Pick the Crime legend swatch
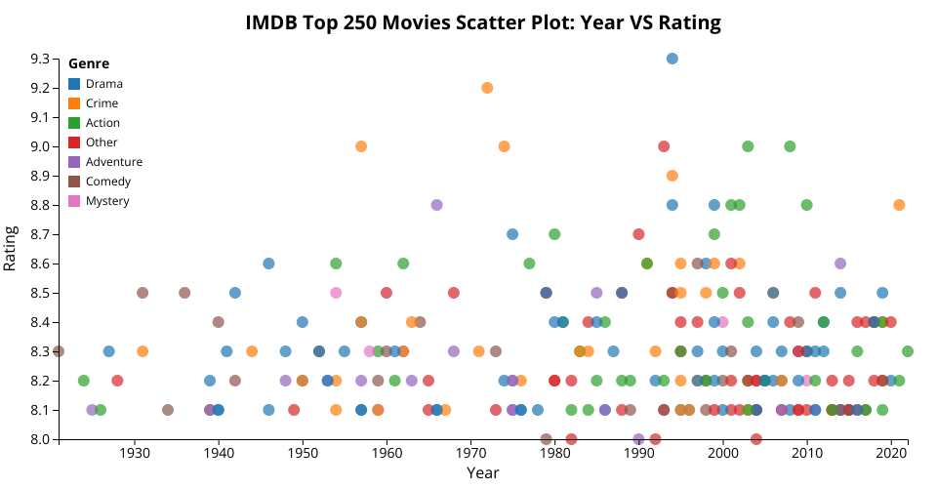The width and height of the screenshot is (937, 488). pos(74,103)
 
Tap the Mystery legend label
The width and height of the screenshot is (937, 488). pos(107,201)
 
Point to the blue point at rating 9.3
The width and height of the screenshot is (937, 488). pos(672,59)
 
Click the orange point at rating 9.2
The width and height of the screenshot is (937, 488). pos(487,88)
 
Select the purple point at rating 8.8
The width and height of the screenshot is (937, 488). pos(436,205)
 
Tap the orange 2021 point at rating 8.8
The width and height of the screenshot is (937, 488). pos(899,205)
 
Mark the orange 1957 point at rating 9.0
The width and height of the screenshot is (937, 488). pos(361,146)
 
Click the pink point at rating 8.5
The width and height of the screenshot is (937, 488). pos(336,293)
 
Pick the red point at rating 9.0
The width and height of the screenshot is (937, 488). pos(664,146)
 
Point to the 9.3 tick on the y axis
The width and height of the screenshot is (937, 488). pos(55,59)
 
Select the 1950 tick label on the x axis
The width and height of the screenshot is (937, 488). pos(303,455)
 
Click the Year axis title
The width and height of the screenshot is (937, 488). pos(483,473)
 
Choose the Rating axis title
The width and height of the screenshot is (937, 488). pos(12,249)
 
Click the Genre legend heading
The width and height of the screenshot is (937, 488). pos(89,64)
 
